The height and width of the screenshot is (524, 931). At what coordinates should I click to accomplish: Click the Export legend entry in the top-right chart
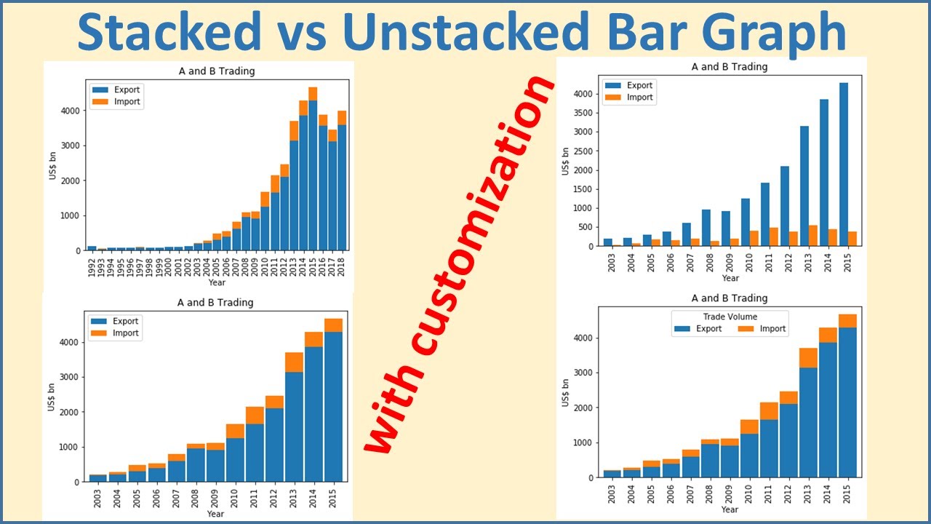639,85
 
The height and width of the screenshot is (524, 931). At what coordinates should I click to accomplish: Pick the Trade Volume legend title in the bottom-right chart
730,317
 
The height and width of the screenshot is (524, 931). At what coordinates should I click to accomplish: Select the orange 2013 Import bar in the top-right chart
813,236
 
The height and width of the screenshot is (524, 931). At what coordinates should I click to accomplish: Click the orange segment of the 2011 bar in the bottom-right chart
770,411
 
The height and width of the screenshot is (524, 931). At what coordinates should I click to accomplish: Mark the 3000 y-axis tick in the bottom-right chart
587,373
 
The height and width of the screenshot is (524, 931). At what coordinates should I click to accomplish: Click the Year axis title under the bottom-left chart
215,514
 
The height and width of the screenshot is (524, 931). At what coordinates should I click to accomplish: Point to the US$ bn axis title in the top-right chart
566,162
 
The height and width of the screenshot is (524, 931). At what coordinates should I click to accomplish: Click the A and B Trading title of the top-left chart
217,71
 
